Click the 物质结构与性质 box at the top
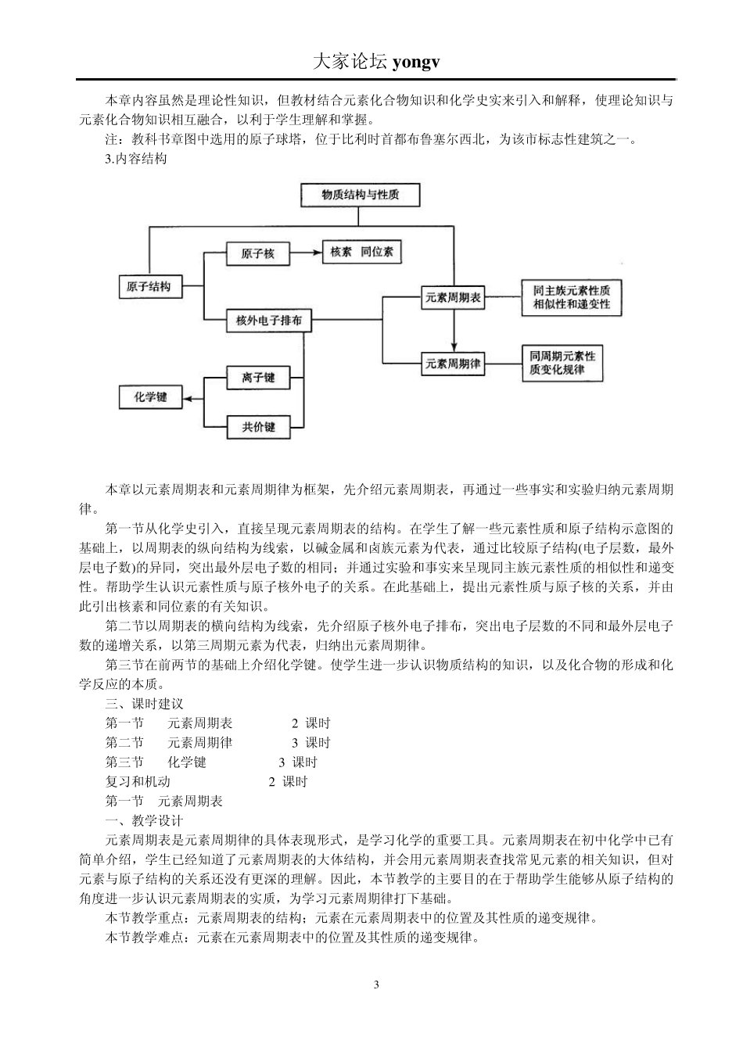pos(361,195)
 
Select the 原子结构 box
pos(149,287)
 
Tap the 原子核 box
pos(257,254)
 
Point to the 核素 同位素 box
pos(362,253)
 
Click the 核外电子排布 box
pos(269,320)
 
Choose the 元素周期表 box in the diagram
pos(454,297)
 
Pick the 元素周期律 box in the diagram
pos(454,364)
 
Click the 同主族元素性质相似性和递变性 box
pos(571,297)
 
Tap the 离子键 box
pos(258,378)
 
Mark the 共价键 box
pos(258,427)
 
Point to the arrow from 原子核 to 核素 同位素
pos(305,253)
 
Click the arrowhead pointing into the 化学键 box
pos(186,397)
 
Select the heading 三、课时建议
pos(145,704)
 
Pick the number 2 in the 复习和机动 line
pos(272,781)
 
